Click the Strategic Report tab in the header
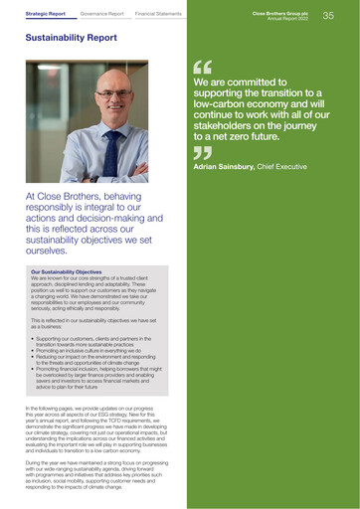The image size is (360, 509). pos(47,15)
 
